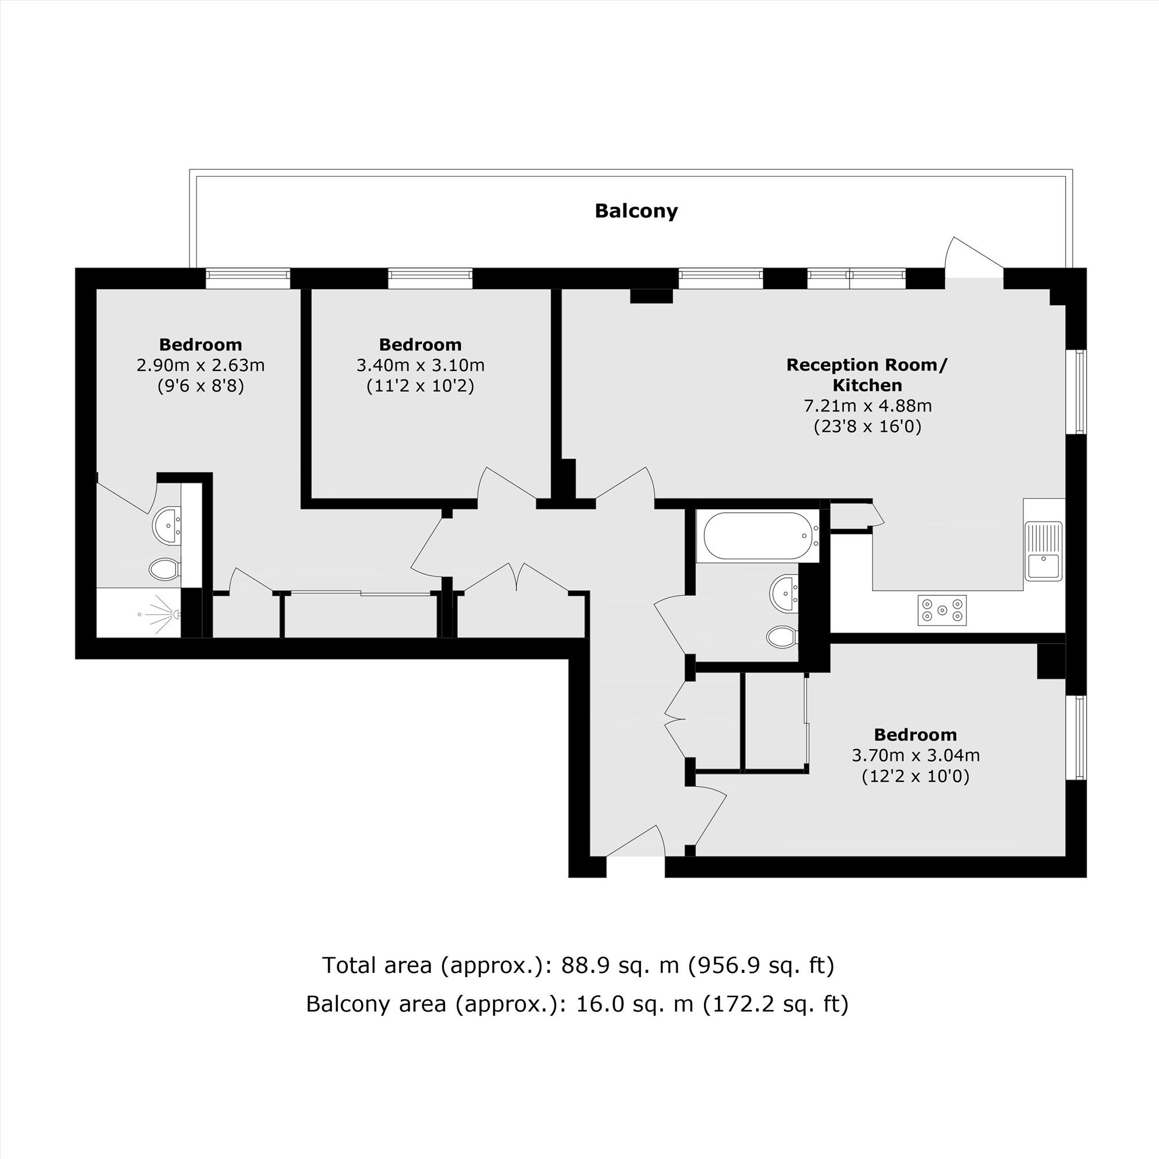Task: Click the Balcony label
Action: [x=636, y=211]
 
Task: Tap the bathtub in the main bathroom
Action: [x=758, y=536]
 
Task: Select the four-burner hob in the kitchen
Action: [x=942, y=611]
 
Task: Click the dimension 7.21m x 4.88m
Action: [x=868, y=406]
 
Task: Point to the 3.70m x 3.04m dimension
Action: [x=916, y=755]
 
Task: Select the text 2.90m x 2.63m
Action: [x=201, y=365]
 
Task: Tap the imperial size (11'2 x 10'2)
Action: [x=420, y=386]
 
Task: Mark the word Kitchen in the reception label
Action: [x=868, y=385]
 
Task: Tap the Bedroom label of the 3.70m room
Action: [x=916, y=735]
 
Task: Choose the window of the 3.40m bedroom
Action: [x=430, y=278]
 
